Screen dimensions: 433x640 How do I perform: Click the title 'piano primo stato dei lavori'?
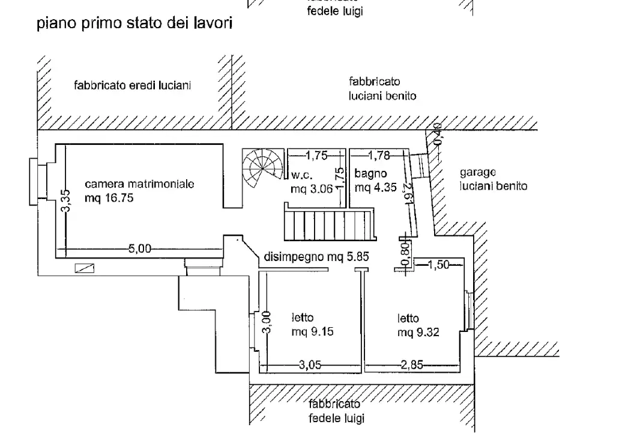134,25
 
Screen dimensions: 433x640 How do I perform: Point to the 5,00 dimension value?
140,248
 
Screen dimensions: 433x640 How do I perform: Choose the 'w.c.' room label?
300,176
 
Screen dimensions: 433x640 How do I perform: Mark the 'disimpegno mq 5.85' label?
316,257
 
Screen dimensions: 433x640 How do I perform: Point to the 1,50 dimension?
439,263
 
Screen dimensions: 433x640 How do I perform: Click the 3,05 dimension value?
310,364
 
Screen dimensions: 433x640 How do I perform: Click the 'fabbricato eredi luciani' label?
132,85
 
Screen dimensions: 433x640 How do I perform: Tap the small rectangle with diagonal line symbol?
85,268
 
